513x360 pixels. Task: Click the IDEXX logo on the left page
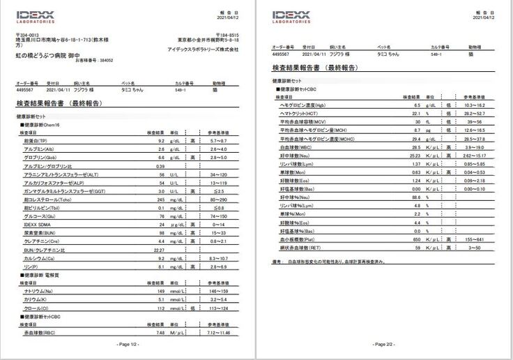36,15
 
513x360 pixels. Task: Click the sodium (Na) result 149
160,290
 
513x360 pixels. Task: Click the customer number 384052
102,60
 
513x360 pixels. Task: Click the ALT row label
55,174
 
